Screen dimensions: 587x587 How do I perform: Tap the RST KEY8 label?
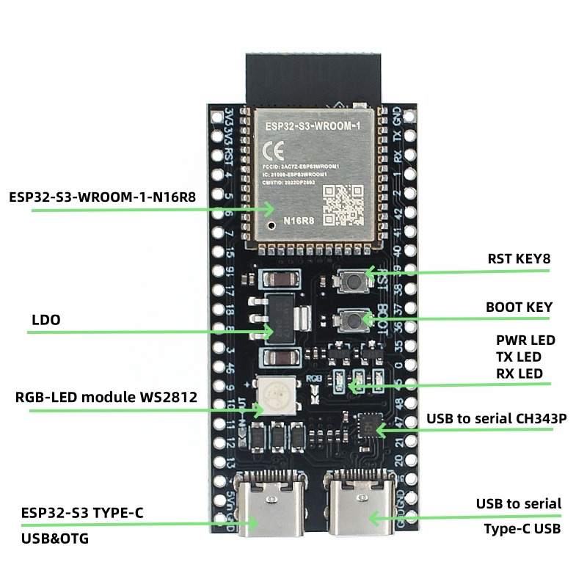click(x=519, y=259)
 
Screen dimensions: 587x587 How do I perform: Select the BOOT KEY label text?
click(x=519, y=307)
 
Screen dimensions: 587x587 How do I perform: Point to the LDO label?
click(x=46, y=320)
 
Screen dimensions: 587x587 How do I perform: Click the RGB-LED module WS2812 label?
click(x=106, y=398)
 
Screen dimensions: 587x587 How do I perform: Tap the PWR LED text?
click(x=525, y=340)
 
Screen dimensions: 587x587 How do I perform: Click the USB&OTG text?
click(x=59, y=539)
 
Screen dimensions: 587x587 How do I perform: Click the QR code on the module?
click(x=344, y=204)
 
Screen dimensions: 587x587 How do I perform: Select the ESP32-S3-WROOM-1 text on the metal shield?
click(x=313, y=127)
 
